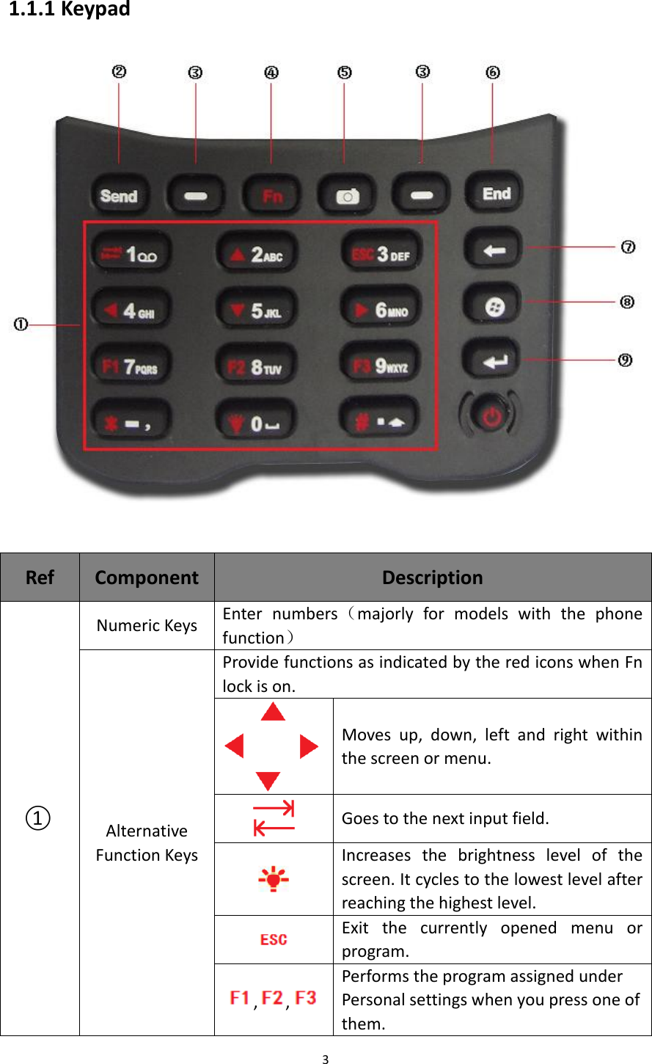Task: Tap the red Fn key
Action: coord(271,195)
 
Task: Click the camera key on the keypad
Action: coord(346,196)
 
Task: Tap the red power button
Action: coord(490,416)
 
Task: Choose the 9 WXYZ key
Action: coord(381,365)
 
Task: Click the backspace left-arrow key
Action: coord(493,250)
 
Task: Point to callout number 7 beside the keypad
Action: coord(628,247)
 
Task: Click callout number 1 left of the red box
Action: coord(21,324)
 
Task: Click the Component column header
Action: coord(147,577)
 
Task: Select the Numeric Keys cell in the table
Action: coord(147,625)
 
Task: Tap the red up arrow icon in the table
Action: coord(274,712)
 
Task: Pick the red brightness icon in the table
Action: coord(274,878)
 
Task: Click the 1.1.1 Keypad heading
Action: coord(70,10)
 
